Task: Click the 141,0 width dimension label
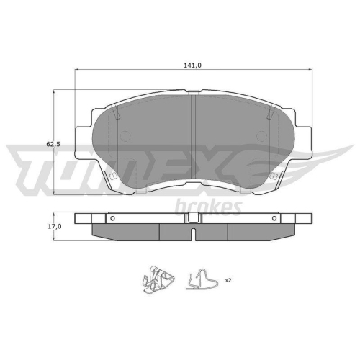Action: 192,66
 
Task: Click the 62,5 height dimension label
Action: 53,144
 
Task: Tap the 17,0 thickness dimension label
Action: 55,226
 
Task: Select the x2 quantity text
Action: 228,280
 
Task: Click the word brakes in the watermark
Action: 208,207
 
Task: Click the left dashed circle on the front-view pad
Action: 125,136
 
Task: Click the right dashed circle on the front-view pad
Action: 261,136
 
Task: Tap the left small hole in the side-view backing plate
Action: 113,218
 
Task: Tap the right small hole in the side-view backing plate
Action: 274,218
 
